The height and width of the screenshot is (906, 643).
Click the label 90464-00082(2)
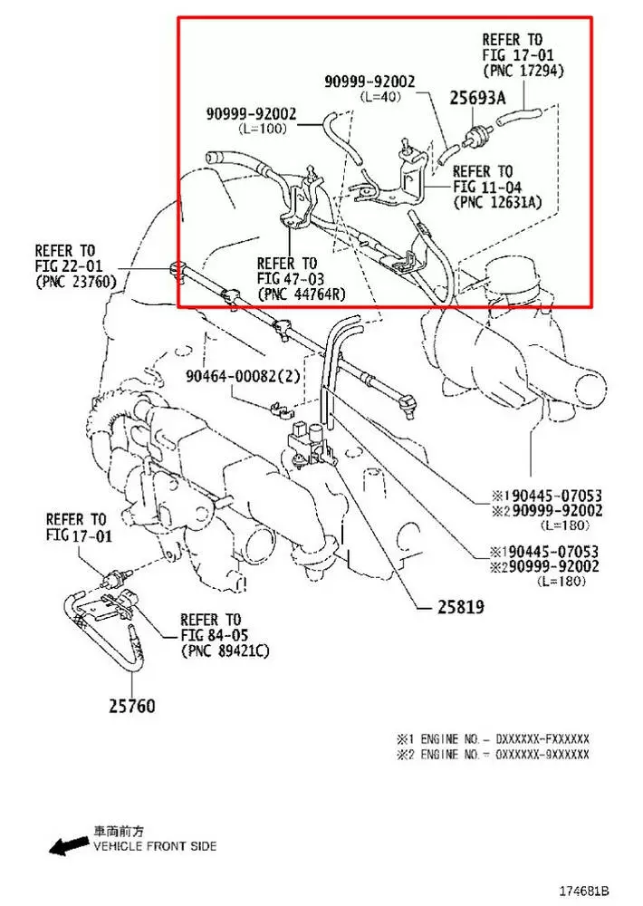(x=240, y=375)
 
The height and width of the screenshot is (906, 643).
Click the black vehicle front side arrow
(x=68, y=846)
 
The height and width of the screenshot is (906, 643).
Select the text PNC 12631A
(x=498, y=201)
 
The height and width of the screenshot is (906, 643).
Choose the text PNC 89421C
(x=226, y=651)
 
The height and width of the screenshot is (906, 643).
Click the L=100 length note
(x=262, y=129)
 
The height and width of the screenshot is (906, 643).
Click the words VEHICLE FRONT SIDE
(x=155, y=846)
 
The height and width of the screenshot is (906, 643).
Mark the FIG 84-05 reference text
(x=216, y=635)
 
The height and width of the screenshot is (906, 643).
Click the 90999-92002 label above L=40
(x=369, y=82)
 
